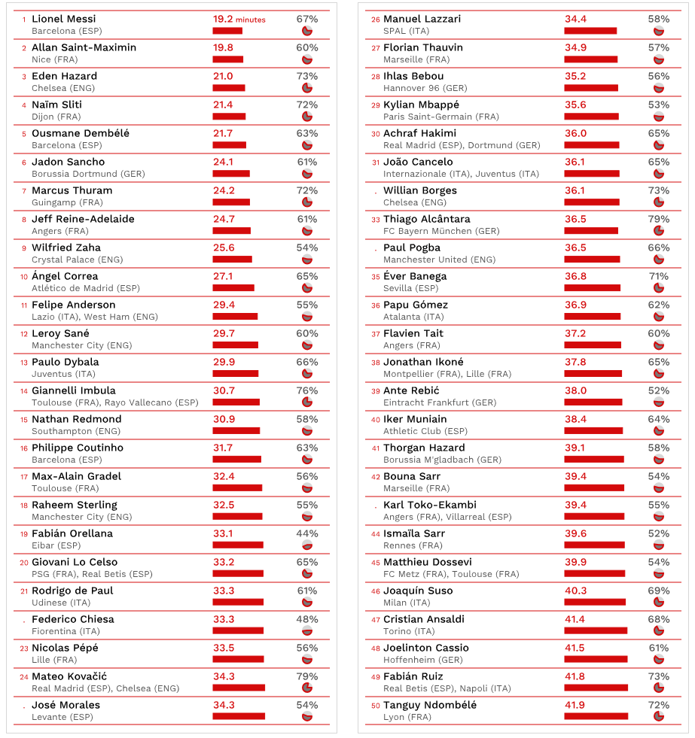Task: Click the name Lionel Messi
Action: tap(63, 19)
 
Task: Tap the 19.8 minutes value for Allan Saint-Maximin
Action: tap(223, 47)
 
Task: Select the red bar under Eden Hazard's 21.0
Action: tap(228, 88)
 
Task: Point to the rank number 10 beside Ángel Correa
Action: tap(24, 277)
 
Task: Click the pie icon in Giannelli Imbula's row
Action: tap(307, 402)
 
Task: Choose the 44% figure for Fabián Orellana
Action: tap(307, 533)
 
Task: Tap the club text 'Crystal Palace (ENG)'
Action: tap(77, 260)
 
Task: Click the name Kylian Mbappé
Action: tap(421, 105)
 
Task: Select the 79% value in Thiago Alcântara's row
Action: tap(659, 219)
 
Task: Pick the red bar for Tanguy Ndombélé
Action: tap(596, 717)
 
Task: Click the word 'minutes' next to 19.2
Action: tap(250, 20)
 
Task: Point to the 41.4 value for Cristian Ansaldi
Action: tap(575, 619)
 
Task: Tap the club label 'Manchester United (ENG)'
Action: tap(439, 260)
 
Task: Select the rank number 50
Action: tap(376, 706)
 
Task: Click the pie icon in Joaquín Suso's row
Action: tap(659, 603)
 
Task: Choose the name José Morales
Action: tap(66, 705)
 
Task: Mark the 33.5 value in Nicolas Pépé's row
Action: tap(224, 648)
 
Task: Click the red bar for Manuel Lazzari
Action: tap(590, 31)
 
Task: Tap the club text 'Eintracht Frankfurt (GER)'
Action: tap(440, 402)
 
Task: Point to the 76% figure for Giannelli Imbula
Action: tap(307, 390)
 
